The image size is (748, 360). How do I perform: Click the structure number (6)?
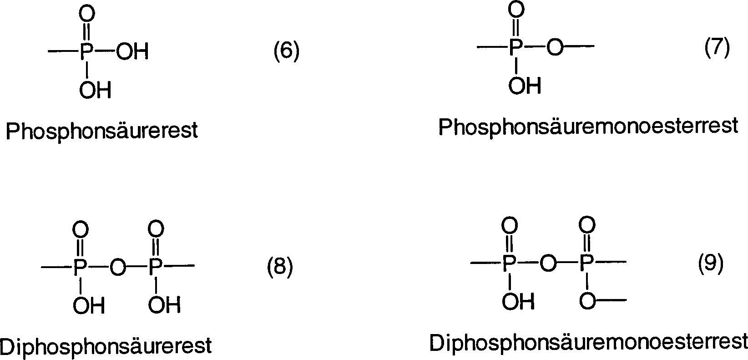tap(286, 51)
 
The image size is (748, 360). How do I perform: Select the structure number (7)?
tap(717, 47)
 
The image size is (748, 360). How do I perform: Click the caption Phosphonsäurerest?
tap(102, 131)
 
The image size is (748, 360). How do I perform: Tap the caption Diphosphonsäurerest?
tap(106, 345)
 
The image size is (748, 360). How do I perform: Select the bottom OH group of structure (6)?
tap(95, 90)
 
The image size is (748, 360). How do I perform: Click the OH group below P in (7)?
tap(525, 85)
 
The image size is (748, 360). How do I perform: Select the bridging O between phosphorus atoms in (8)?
tap(117, 268)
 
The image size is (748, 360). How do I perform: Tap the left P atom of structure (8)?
tap(80, 268)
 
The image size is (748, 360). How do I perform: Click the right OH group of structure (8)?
tap(164, 305)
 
